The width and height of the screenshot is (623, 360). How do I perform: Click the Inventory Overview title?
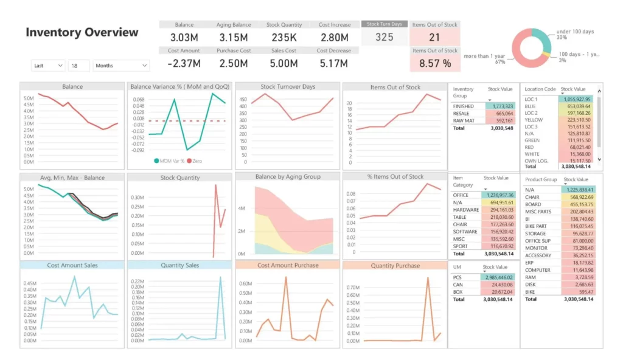tap(82, 33)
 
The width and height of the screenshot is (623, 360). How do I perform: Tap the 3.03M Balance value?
tap(184, 37)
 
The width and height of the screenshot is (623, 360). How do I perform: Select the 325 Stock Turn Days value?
tap(384, 37)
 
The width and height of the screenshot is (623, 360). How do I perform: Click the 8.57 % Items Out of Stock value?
tap(434, 63)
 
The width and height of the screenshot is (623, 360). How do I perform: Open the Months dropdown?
tap(121, 66)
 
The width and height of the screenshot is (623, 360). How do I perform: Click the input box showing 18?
tap(78, 66)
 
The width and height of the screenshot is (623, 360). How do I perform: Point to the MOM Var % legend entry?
tap(171, 161)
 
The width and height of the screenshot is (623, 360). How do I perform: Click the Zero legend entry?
tap(196, 161)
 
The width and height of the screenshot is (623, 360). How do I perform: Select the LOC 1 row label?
tap(532, 99)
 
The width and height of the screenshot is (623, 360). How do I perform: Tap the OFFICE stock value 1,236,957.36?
tap(498, 195)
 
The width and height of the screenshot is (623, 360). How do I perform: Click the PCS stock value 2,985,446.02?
tap(498, 277)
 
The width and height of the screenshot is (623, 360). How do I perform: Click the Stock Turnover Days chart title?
tap(288, 87)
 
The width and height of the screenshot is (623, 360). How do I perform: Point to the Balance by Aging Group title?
tap(288, 177)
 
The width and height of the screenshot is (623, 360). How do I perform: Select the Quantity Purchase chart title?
tap(395, 266)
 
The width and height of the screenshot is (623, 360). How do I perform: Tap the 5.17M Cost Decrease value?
tap(334, 63)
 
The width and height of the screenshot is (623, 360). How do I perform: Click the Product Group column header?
tap(541, 180)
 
